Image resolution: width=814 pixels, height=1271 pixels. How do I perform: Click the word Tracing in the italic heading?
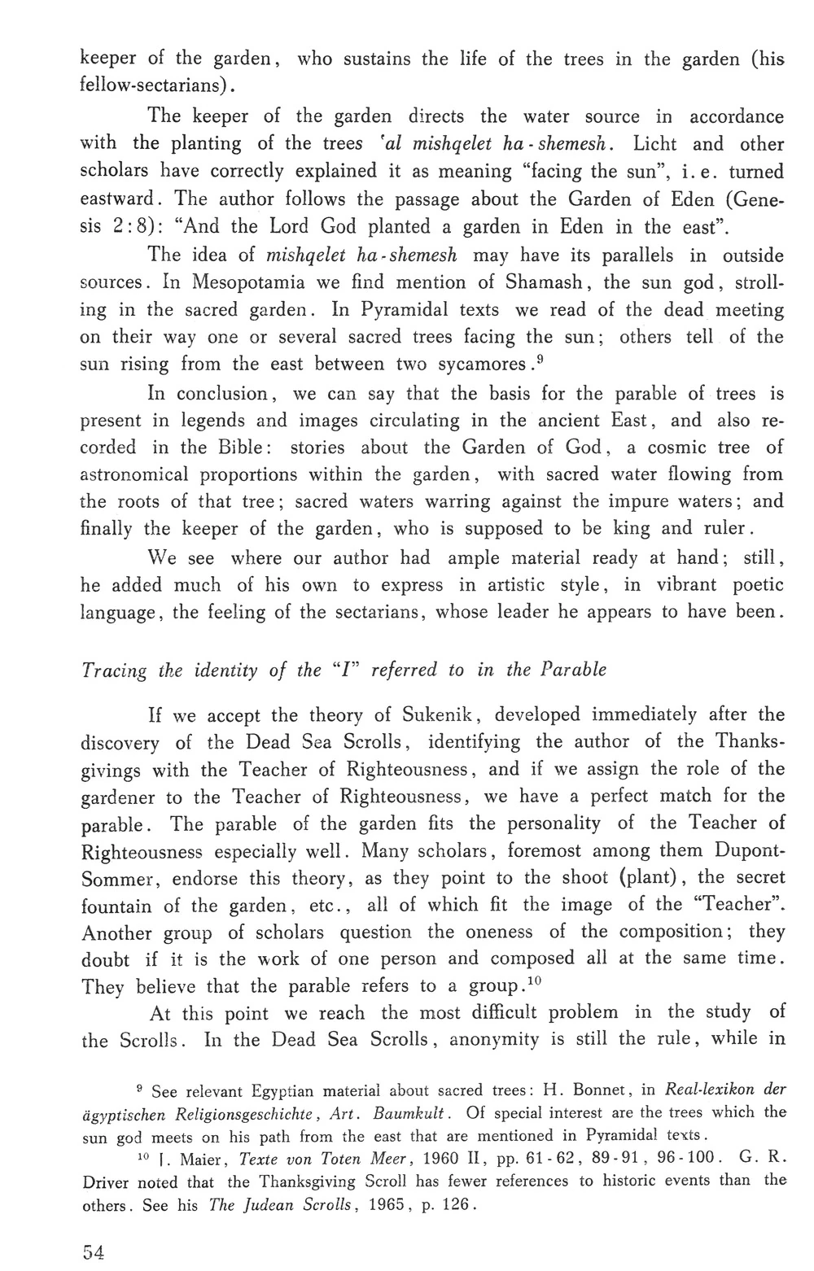click(x=114, y=669)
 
